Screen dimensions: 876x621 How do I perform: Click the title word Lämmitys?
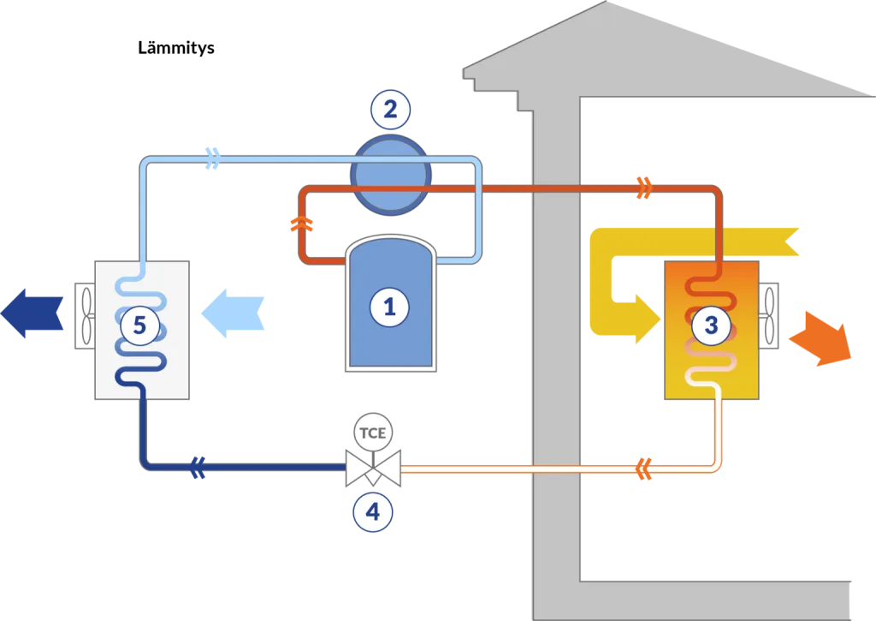[x=176, y=48]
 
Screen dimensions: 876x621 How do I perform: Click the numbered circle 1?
[x=389, y=308]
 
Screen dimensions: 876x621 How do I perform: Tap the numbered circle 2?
[x=390, y=109]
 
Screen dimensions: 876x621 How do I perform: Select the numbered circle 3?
[x=711, y=325]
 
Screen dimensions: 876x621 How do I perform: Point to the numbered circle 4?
[x=373, y=512]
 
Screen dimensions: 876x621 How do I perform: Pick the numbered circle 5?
[x=139, y=325]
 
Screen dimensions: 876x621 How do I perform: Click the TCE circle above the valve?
[x=373, y=433]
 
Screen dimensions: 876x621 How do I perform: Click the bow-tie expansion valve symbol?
[x=373, y=468]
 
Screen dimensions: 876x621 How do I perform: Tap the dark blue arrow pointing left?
[x=32, y=313]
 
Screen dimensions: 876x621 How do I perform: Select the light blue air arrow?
[x=233, y=313]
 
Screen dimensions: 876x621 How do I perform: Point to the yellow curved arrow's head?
[x=648, y=319]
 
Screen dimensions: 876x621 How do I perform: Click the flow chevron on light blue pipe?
[x=213, y=158]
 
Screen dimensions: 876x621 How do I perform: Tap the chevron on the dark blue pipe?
[x=198, y=467]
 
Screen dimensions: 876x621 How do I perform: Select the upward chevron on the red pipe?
[x=302, y=224]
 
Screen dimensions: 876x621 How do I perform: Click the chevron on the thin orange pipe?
[x=644, y=469]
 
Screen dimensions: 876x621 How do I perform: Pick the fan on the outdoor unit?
[x=86, y=315]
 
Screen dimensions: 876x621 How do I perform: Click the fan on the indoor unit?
[x=769, y=315]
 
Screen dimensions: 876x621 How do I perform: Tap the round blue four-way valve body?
[x=390, y=175]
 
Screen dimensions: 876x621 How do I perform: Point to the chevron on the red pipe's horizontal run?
[x=644, y=188]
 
